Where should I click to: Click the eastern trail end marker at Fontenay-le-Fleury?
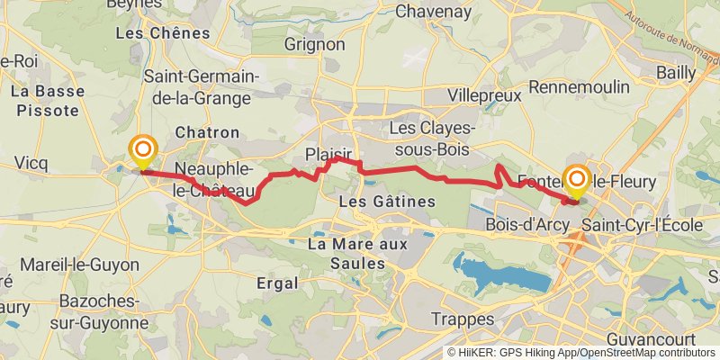[x=576, y=179]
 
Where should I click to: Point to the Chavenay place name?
[x=433, y=12]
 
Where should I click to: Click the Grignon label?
[x=314, y=44]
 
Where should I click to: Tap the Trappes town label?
[x=463, y=319]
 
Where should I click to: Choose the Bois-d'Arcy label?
[x=525, y=224]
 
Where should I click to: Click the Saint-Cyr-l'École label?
[x=641, y=224]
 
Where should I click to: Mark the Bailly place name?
[x=676, y=71]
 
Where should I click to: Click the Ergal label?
[x=276, y=283]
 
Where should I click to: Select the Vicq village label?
[x=31, y=163]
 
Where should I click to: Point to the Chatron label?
[x=207, y=132]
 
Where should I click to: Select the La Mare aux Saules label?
[x=357, y=253]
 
